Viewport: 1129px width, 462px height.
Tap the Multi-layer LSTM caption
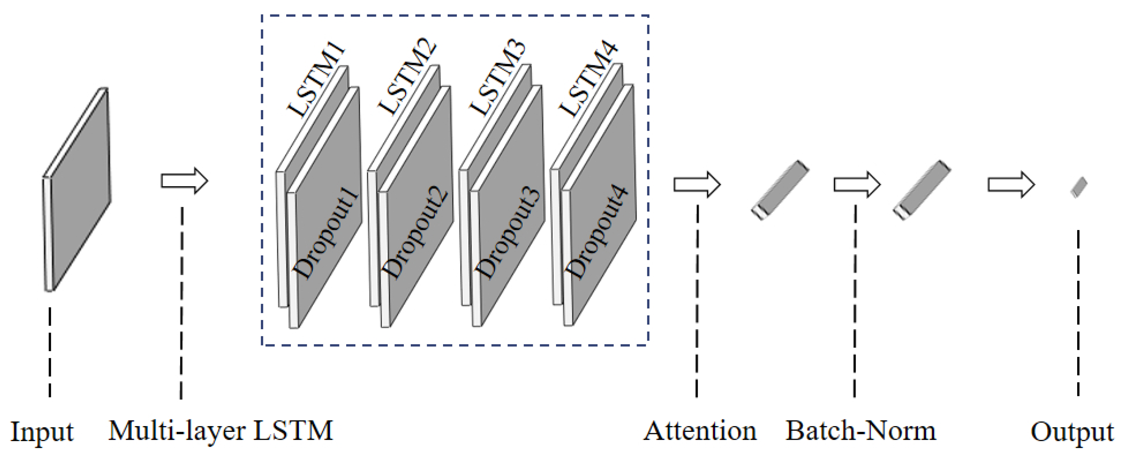coord(220,431)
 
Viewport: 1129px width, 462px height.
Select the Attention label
coord(699,431)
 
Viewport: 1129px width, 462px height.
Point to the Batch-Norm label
coord(860,431)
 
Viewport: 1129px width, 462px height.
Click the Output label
coord(1071,432)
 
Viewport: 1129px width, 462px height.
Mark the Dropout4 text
coord(598,232)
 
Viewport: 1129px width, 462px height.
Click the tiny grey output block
coord(1079,187)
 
